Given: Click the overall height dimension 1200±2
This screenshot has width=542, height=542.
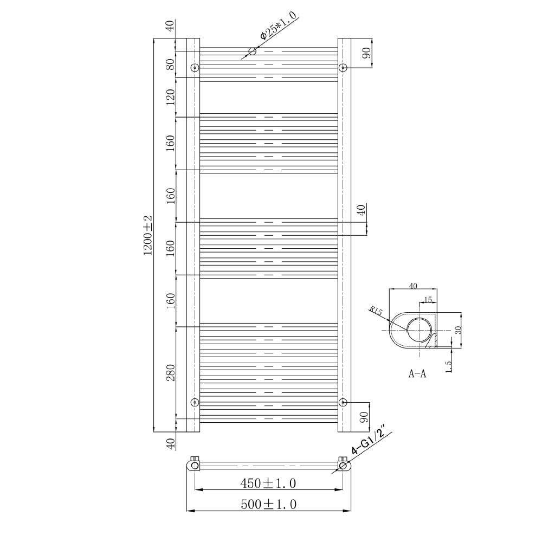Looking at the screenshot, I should coord(148,235).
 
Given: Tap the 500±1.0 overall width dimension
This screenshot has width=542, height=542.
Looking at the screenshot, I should coord(269,504).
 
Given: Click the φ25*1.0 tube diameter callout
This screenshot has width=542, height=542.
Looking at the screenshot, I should coord(278,27).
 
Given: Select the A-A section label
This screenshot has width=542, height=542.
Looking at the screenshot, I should coord(417,374).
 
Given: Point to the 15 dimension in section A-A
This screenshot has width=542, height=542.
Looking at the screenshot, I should coord(428,299).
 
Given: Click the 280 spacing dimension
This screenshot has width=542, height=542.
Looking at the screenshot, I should coord(171,372).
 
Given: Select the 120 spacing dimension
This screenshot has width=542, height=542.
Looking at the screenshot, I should coord(171,97).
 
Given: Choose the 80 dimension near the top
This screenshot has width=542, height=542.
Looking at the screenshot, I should coord(171,64).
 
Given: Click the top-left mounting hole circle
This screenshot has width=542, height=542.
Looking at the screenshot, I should coord(195,68).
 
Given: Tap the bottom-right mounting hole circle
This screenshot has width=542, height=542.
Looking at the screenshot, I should coord(343,402).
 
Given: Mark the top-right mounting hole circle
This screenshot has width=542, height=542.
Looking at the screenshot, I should coord(343,68).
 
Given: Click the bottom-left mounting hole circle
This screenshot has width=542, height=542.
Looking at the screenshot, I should coord(195,402).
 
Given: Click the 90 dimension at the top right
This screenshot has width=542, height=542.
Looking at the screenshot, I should coord(366,53).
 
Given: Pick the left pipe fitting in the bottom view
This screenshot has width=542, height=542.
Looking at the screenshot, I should coord(195,464).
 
